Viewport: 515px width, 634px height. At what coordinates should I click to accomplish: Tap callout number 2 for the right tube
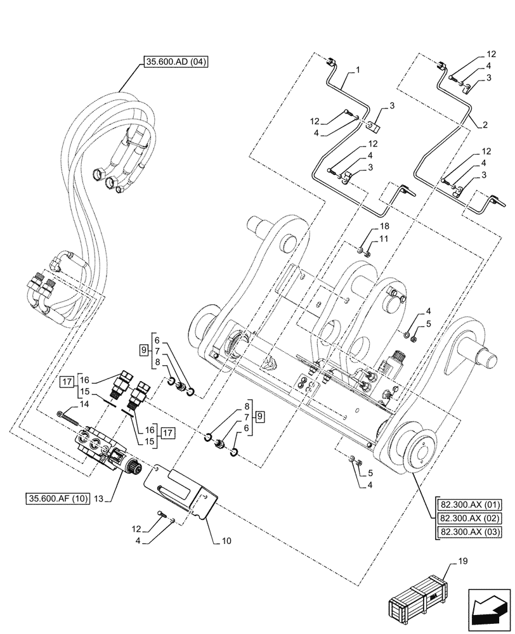(x=484, y=126)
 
